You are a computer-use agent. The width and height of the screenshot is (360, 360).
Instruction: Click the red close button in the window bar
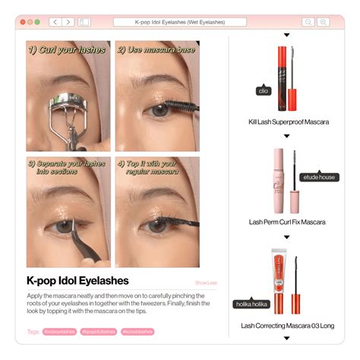[22, 22]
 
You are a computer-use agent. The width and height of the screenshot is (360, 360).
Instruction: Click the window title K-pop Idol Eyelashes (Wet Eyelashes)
[181, 22]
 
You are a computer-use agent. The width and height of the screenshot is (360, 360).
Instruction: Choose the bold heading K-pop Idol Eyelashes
[77, 281]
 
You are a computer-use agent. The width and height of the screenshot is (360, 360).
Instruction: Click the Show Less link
[205, 283]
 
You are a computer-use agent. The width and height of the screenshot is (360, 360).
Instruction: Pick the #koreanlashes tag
[137, 331]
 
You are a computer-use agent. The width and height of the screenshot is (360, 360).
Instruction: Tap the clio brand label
[264, 90]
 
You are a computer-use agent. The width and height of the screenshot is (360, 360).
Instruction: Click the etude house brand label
[317, 176]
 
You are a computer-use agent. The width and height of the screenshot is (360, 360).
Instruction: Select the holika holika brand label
[251, 304]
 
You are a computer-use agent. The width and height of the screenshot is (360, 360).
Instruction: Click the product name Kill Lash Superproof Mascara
[288, 122]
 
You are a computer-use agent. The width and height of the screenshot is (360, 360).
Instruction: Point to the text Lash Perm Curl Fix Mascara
[287, 222]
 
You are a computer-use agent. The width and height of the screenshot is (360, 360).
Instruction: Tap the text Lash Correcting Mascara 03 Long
[287, 325]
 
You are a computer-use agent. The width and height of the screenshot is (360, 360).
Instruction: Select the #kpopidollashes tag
[98, 331]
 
